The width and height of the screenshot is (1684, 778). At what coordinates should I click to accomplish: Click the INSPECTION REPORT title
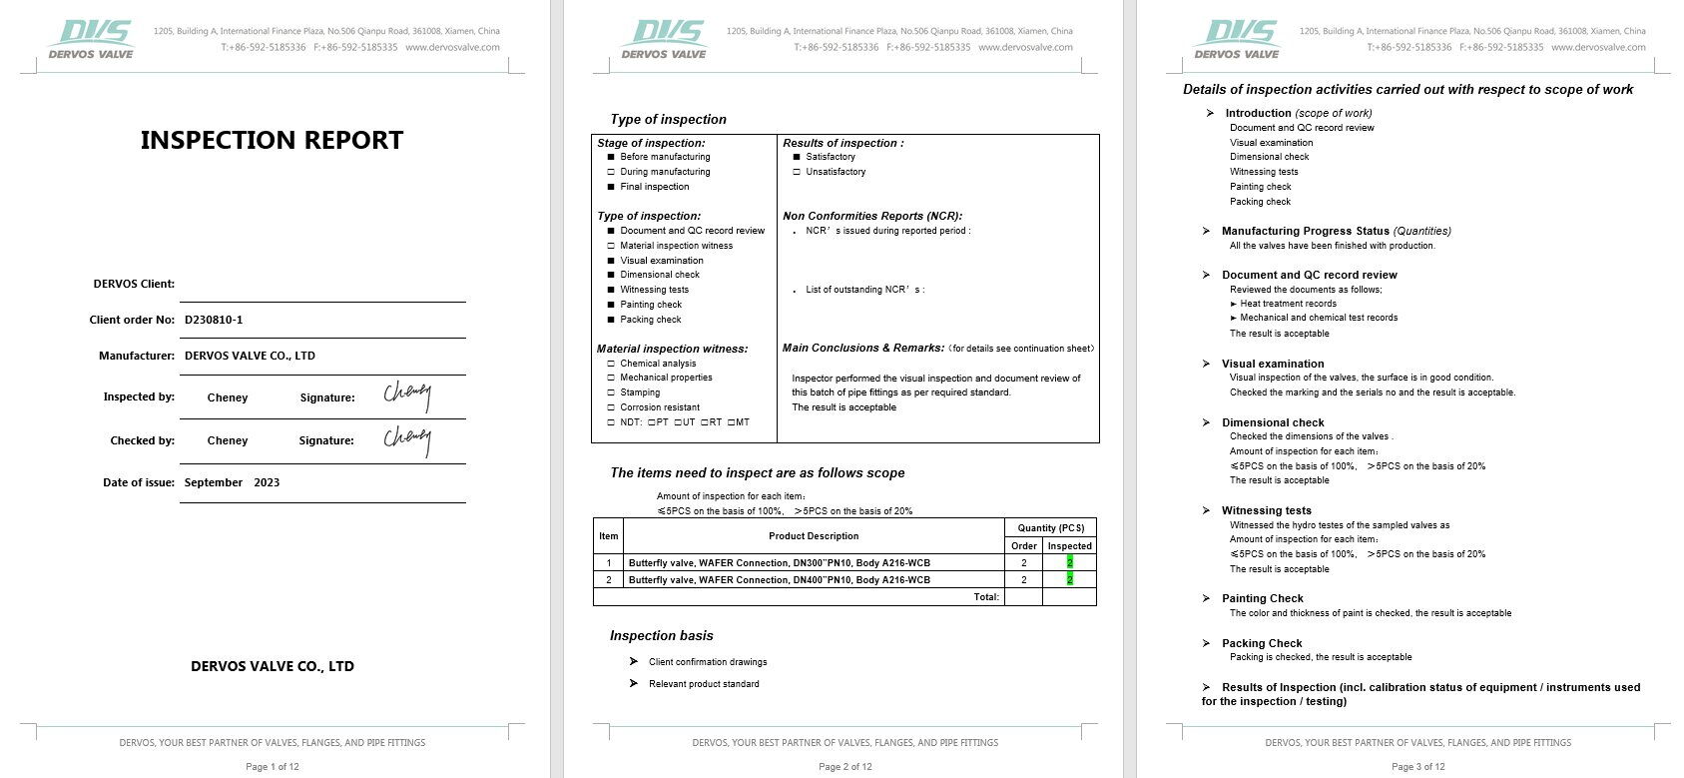[272, 140]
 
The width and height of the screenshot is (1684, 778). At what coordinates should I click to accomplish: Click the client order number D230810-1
[214, 320]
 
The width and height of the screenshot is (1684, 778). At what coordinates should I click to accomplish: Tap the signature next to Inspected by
[407, 395]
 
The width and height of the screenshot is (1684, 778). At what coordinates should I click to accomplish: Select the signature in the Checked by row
[407, 439]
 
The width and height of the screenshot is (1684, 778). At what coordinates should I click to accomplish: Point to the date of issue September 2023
[232, 482]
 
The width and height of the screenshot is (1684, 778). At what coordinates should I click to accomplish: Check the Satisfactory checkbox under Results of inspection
[797, 157]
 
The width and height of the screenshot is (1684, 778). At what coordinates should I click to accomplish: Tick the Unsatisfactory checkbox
[797, 172]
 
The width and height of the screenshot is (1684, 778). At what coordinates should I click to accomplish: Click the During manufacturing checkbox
[611, 172]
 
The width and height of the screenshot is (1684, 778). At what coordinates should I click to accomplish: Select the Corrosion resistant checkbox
[611, 407]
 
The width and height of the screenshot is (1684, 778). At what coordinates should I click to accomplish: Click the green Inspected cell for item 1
[1069, 562]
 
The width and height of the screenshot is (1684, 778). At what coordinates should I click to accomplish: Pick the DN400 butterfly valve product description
[779, 579]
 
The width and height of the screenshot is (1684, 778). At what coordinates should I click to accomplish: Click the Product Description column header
[814, 536]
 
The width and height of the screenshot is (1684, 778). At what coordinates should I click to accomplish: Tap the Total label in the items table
[985, 596]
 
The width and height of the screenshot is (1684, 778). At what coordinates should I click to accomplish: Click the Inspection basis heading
[661, 635]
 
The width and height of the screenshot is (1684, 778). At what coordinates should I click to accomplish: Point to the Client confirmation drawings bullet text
[708, 662]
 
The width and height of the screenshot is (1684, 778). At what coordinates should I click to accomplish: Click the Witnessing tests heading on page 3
[1266, 510]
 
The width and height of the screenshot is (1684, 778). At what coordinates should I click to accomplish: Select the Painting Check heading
[1262, 598]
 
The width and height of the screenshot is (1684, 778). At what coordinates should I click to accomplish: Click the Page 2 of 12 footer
[844, 767]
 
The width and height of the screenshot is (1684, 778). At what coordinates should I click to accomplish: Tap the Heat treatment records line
[1288, 304]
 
